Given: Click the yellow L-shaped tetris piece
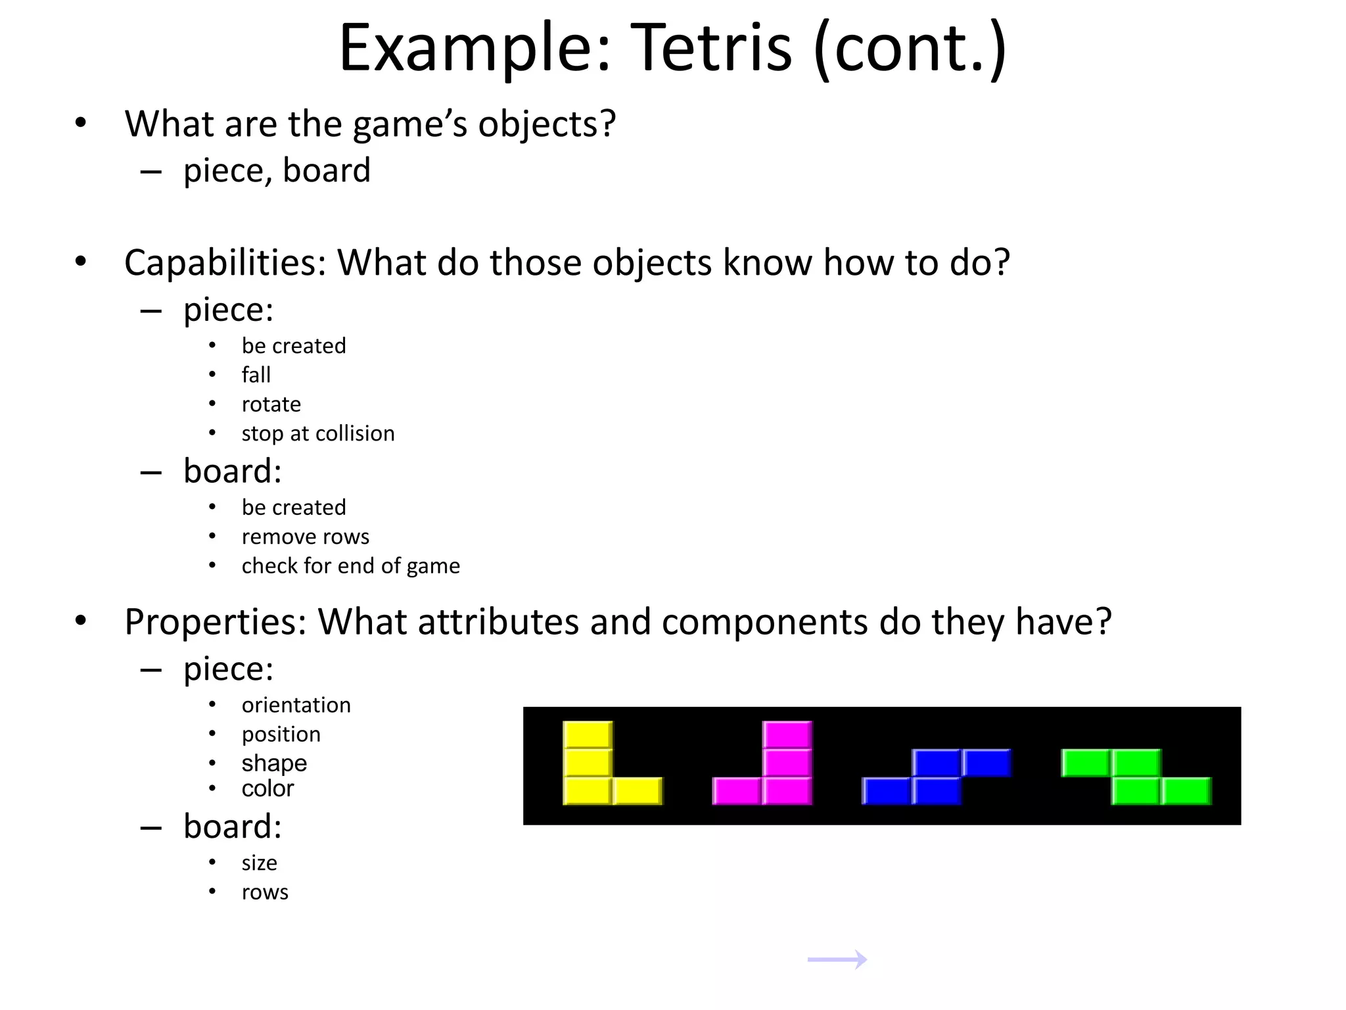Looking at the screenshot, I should point(588,763).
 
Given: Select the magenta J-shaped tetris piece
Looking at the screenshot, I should point(787,763).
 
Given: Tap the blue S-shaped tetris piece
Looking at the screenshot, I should point(937,777).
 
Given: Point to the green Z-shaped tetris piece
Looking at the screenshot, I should point(1136,777).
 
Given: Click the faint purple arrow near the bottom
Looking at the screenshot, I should point(837,959).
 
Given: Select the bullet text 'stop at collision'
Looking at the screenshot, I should point(318,433).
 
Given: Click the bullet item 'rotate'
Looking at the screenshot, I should point(271,404).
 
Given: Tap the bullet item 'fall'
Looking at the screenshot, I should point(256,375).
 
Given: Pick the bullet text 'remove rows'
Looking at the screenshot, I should point(306,537).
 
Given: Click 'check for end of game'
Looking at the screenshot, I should point(351,566).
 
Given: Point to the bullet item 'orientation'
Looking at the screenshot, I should point(296,705).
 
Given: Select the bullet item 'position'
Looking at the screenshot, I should point(281,734).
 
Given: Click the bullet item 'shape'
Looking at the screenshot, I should point(274,763).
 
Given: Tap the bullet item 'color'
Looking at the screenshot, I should point(267,788).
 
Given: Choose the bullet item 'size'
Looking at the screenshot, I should point(260,863).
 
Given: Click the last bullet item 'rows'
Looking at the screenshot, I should point(265,892).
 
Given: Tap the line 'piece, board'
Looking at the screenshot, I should point(277,171).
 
